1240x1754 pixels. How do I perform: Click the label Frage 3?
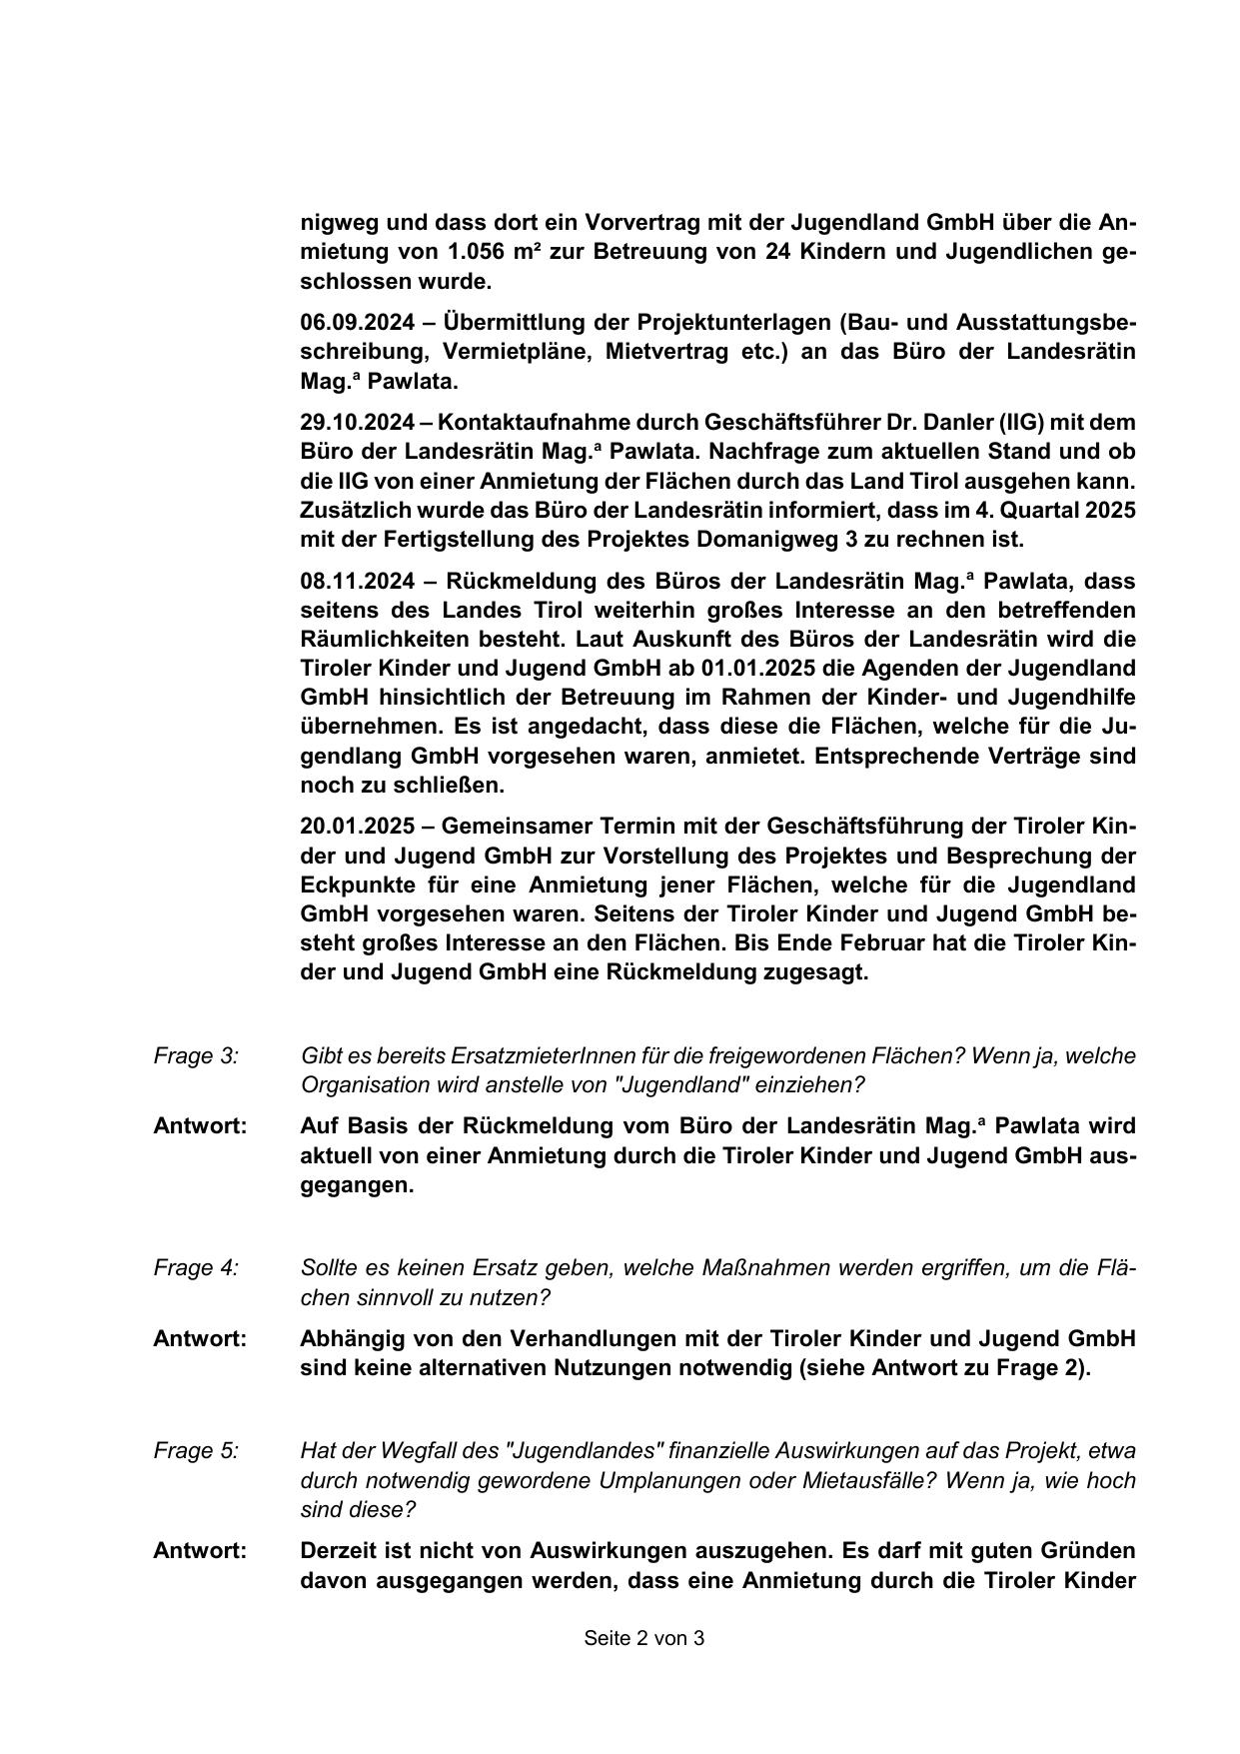coord(196,1055)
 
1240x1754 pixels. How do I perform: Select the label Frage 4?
coord(196,1267)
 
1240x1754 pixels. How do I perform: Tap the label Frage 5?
coord(196,1450)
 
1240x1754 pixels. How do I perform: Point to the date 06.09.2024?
coord(358,322)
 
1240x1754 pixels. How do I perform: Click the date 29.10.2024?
coord(358,422)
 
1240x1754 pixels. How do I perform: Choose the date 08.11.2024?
coord(358,581)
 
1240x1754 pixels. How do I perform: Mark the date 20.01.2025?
coord(358,827)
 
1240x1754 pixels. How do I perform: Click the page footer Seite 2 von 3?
coord(644,1638)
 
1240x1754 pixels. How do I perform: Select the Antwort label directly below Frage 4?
coord(200,1338)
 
